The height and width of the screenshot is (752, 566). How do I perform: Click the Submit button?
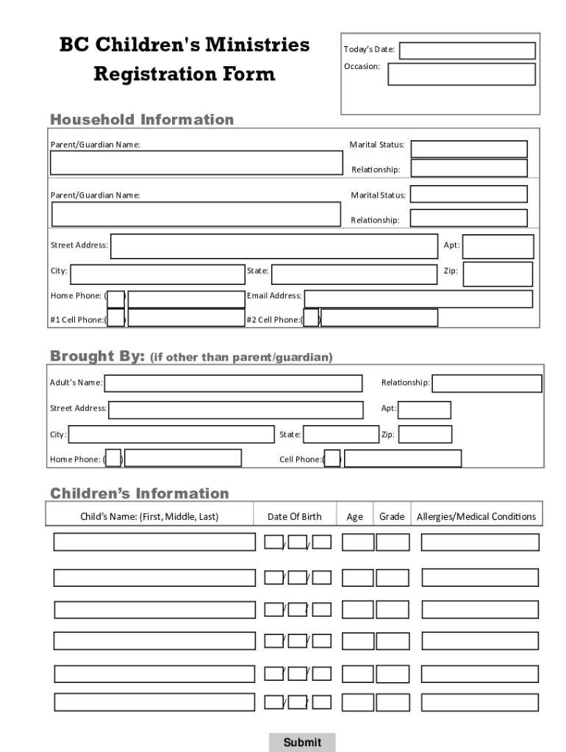pos(302,742)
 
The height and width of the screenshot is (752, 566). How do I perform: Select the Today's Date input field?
pos(468,51)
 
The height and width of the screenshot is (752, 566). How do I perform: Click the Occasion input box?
pos(462,74)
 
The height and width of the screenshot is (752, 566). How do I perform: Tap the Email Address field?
pos(418,299)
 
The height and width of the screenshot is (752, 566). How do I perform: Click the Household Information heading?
pos(142,120)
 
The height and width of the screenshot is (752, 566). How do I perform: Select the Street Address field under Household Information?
pos(273,247)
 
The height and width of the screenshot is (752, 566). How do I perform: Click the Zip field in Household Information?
pos(498,274)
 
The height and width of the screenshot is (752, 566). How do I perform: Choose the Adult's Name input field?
pos(234,383)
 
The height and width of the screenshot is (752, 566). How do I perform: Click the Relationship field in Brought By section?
pos(487,383)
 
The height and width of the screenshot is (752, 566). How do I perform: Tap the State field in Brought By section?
pos(340,434)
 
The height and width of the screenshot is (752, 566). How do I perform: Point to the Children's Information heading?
pos(140,493)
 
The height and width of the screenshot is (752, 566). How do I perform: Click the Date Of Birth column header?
pos(295,516)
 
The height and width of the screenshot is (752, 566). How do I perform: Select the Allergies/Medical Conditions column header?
pos(476,516)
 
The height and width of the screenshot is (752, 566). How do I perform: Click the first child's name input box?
pos(154,542)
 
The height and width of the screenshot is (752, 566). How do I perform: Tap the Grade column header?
pos(392,516)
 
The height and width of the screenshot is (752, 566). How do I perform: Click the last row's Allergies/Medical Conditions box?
pos(481,702)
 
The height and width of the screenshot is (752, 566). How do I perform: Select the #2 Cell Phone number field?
pos(379,318)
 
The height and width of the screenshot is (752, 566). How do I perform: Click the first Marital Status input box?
pos(469,149)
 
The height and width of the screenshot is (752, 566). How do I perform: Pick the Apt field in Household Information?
pos(498,247)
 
